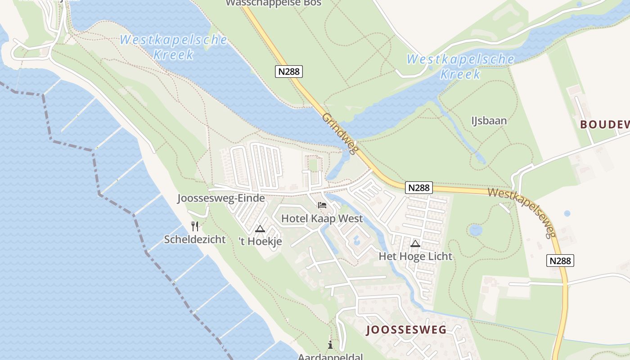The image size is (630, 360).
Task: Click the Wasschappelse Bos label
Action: (x=273, y=3)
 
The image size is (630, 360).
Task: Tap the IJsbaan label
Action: (x=489, y=121)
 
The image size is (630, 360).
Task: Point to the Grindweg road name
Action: (x=340, y=134)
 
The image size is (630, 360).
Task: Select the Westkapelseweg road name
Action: (x=522, y=212)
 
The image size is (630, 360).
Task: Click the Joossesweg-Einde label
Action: (x=221, y=198)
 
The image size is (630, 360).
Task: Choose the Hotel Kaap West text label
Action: (x=322, y=219)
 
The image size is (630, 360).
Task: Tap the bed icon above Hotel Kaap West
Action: (x=322, y=206)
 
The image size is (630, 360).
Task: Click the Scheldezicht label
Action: (x=195, y=239)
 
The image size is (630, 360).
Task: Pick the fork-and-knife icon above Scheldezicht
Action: (x=195, y=226)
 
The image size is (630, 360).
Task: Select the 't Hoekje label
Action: (x=260, y=241)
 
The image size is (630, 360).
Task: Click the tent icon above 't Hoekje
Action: (x=260, y=229)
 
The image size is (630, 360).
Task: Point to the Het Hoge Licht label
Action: (x=415, y=256)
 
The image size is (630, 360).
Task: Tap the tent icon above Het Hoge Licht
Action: (x=415, y=244)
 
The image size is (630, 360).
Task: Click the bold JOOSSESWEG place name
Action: (x=407, y=330)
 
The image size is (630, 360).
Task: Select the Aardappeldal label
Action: (x=330, y=357)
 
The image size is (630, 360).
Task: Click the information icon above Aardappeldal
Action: (x=331, y=345)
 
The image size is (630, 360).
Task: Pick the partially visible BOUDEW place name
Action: (x=604, y=125)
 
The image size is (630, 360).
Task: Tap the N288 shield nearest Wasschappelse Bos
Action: (x=289, y=71)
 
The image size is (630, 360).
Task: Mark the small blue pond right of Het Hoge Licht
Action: (x=476, y=230)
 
